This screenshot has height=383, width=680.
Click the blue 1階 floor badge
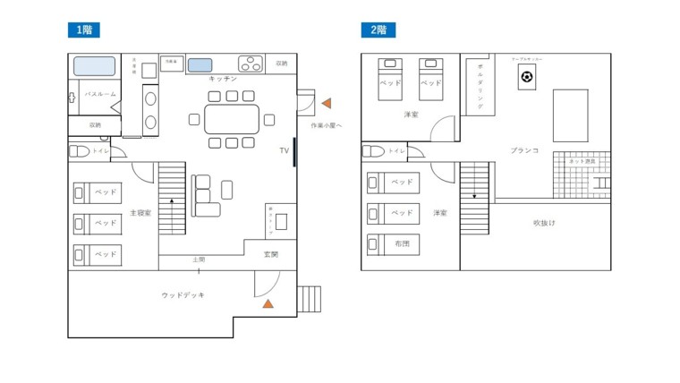point(83,30)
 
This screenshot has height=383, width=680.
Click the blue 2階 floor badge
point(378,30)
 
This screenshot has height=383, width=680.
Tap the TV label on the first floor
point(284,151)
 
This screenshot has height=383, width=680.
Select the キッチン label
point(222,80)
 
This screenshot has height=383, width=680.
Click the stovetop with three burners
point(251,64)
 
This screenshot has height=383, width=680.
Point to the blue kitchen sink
point(200,64)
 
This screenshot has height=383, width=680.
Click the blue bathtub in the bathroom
point(94,66)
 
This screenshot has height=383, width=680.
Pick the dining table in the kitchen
point(232,118)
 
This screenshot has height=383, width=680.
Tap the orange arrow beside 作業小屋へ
point(327,104)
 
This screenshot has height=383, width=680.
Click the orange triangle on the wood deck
point(267,304)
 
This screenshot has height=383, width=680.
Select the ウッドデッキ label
point(183,294)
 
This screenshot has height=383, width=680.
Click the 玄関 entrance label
point(270,255)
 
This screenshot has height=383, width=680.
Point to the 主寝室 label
point(140,213)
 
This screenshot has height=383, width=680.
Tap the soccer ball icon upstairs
point(526,78)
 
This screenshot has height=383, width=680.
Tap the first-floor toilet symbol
point(79,152)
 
